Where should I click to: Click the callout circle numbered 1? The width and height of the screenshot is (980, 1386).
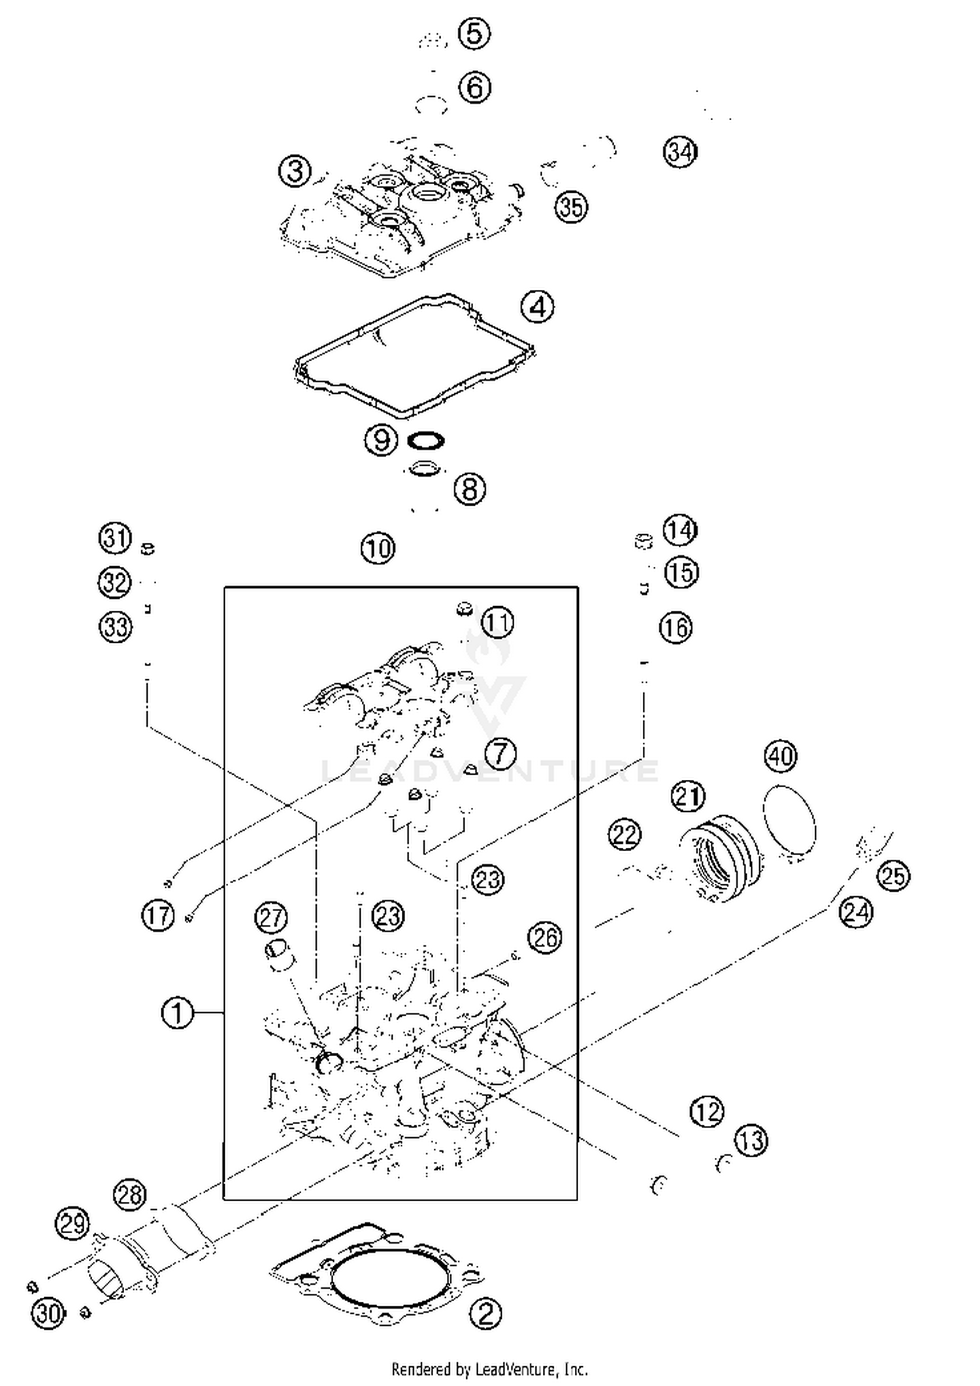pos(177,1014)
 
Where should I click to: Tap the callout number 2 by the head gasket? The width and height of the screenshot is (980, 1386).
pos(486,1313)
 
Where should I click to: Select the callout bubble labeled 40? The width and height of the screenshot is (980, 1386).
pos(781,756)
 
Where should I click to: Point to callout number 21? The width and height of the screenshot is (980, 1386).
pos(689,798)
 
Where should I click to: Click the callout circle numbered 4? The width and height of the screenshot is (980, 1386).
pos(538,306)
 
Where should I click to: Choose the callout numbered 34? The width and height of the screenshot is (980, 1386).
pos(681,152)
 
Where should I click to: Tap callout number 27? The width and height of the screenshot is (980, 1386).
pos(271,918)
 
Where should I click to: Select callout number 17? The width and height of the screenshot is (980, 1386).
pos(158,916)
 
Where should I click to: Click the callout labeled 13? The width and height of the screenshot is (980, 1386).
pos(751,1141)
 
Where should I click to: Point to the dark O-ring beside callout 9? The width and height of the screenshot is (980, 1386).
pos(425,441)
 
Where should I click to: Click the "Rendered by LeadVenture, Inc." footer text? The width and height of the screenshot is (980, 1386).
pos(489,1368)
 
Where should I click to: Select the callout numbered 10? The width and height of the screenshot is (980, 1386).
pos(378,548)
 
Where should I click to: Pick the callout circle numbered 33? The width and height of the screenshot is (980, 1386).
pos(116,627)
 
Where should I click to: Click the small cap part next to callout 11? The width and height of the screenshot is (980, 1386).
pos(463,609)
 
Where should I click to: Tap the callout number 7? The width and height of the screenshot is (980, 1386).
pos(501,753)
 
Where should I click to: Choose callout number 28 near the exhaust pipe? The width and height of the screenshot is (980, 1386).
pos(129,1195)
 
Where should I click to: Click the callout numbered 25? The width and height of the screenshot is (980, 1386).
pos(894,875)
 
